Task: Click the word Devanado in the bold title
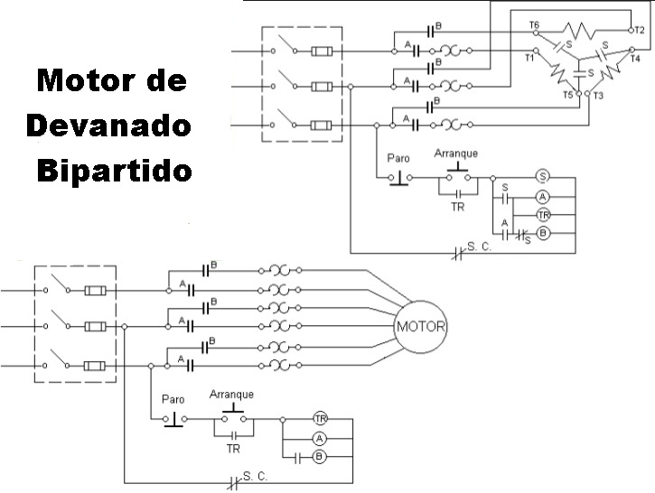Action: pos(109,126)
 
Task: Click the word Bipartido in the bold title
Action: pos(115,170)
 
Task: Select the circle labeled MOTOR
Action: pos(420,326)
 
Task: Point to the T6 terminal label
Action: pos(534,24)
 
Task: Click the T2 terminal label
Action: pos(639,30)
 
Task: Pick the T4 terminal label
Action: pos(635,59)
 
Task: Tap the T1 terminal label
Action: pos(529,57)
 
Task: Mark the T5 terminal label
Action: pos(568,94)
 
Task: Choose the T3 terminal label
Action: pos(599,95)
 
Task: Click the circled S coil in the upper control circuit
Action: pos(543,176)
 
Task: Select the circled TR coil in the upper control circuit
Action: pos(543,214)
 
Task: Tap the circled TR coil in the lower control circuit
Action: pos(320,418)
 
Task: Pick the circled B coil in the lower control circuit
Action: pos(319,457)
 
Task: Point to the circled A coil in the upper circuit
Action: pos(543,196)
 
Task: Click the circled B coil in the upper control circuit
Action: pos(543,232)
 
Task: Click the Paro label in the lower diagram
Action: pos(173,398)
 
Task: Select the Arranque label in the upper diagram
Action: pos(456,153)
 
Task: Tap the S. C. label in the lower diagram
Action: pos(256,473)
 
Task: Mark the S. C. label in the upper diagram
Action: pos(479,245)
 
